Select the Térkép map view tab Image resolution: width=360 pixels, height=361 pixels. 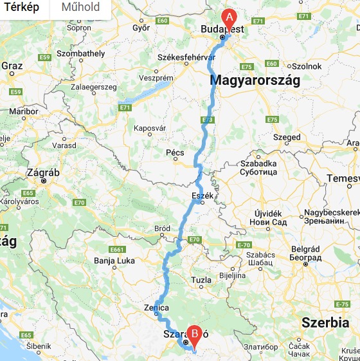click(x=21, y=7)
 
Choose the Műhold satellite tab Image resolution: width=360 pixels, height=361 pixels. click(x=80, y=7)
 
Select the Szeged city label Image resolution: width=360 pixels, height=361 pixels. click(x=287, y=137)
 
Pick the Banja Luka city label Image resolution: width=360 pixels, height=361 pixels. click(x=113, y=261)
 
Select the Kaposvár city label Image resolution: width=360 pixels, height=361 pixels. click(x=150, y=128)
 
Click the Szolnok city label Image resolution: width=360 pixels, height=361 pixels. click(x=307, y=66)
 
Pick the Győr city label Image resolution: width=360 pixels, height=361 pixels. click(x=141, y=28)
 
